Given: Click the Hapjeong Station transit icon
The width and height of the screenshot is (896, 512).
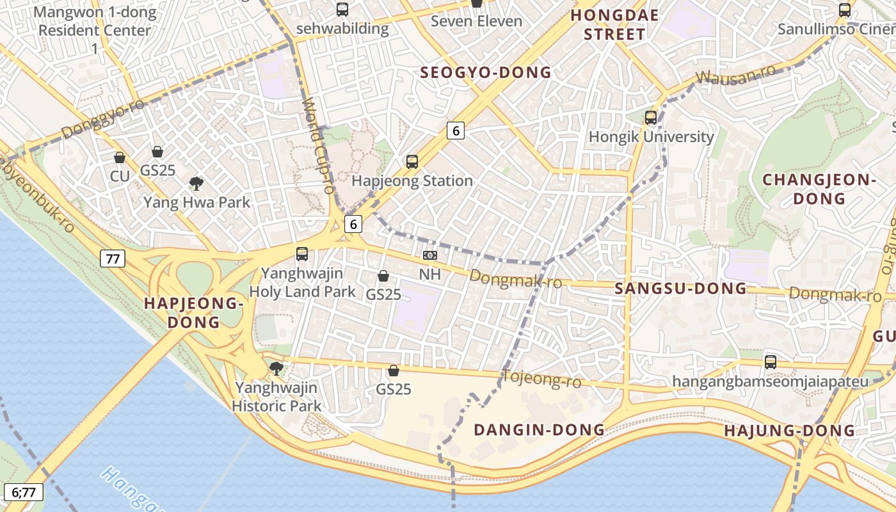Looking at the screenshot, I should click(412, 162).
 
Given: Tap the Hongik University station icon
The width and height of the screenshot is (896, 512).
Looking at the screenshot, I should click(651, 118).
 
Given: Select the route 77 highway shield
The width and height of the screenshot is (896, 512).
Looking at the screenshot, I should click(113, 259).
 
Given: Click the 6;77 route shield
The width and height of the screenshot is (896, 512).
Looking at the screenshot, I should click(24, 492).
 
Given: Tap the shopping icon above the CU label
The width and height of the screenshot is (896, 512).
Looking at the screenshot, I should click(120, 157).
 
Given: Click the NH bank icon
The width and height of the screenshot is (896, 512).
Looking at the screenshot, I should click(430, 255).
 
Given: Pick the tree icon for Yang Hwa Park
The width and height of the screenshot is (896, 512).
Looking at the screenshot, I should click(196, 184).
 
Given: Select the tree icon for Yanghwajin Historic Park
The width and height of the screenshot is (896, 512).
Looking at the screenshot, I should click(276, 369).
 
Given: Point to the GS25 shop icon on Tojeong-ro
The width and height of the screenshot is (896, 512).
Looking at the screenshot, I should click(394, 371).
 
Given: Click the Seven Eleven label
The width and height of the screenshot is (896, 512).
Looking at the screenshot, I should click(476, 21).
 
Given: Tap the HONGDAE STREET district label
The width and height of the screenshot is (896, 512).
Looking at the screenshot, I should click(614, 24).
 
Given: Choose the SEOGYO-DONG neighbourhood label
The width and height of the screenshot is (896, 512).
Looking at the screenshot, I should click(486, 72).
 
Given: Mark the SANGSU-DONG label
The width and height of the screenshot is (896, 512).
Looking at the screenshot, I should click(680, 289).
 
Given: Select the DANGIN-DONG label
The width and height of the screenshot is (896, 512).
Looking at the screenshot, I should click(539, 429).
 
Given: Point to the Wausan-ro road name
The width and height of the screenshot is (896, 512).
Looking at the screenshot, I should click(735, 76).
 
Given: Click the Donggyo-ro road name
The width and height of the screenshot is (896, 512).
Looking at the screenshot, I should click(102, 119).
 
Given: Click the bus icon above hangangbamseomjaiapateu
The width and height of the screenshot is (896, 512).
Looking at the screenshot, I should click(771, 362).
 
